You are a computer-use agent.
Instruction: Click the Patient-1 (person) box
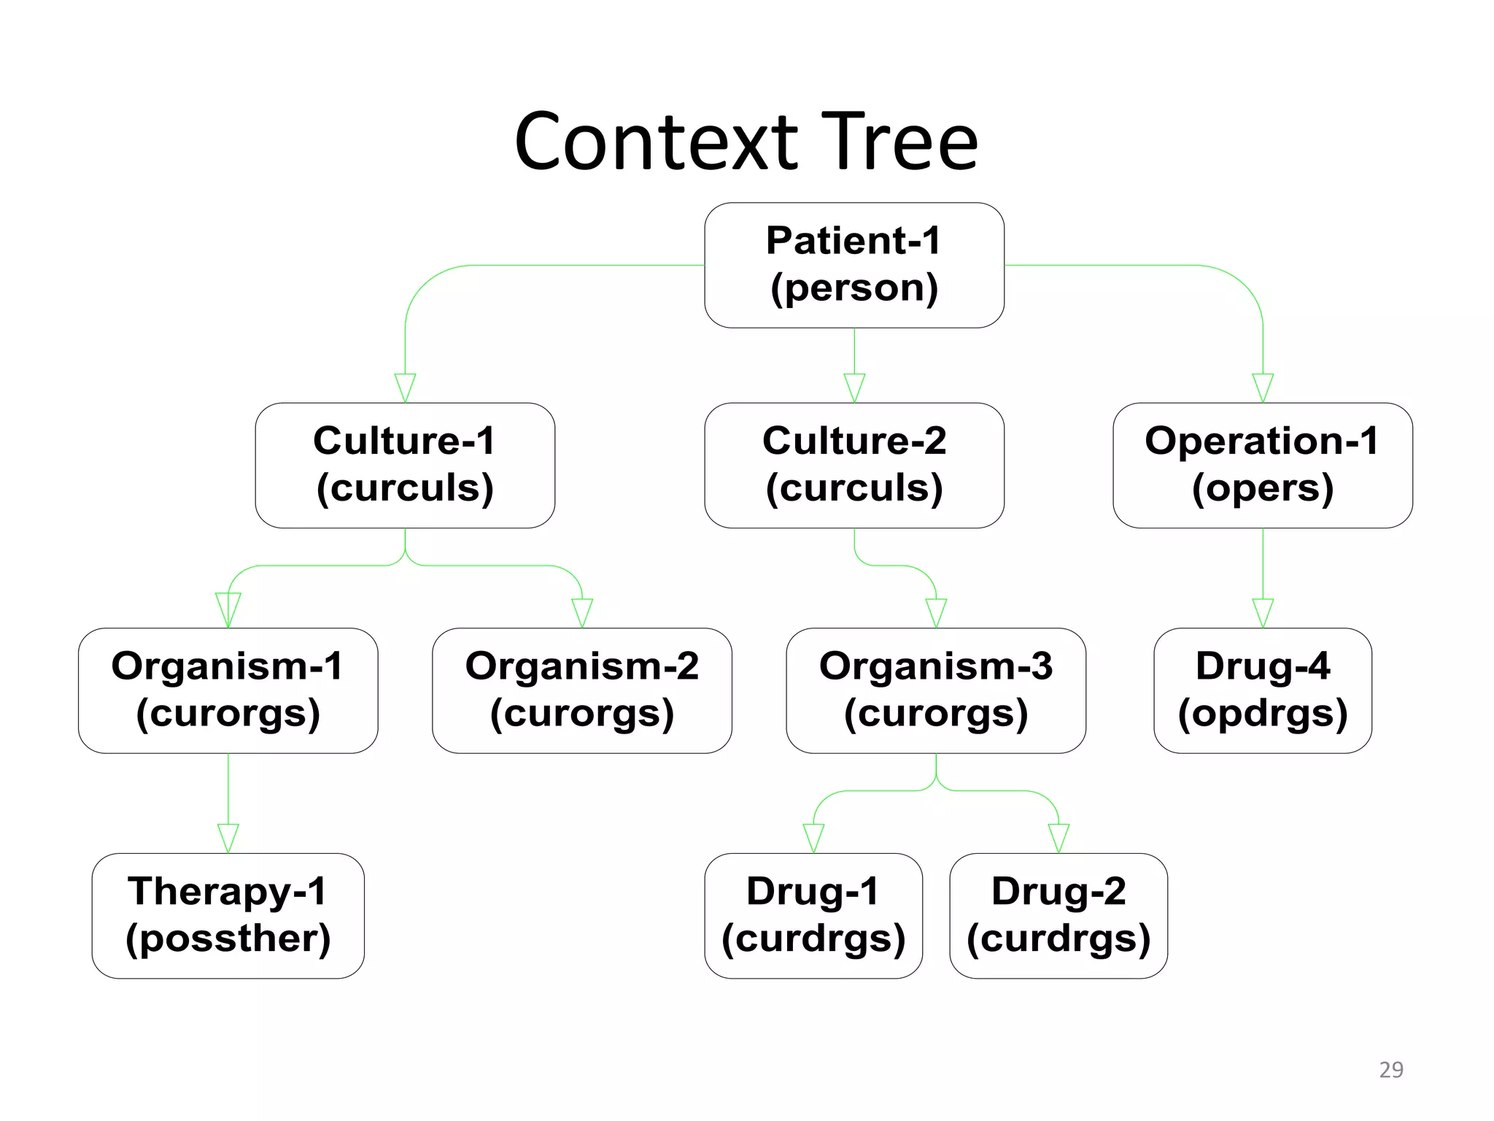click(x=854, y=265)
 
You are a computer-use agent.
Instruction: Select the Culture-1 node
click(x=405, y=465)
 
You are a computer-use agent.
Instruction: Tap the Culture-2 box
click(x=854, y=465)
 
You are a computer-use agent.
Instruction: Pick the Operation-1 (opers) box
click(x=1262, y=465)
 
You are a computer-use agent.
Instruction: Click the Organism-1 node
click(x=228, y=690)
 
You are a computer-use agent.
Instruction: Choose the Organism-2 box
click(x=581, y=690)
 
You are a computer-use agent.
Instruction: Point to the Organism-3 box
click(x=935, y=690)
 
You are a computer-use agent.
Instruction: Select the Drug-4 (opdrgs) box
click(x=1262, y=690)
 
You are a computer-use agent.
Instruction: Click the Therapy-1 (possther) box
click(x=228, y=915)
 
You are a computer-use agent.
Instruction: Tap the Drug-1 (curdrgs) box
click(x=813, y=915)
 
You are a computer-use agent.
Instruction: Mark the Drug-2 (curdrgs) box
click(x=1058, y=915)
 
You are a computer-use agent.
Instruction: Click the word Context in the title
click(x=657, y=142)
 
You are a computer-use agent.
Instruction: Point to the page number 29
click(x=1390, y=1069)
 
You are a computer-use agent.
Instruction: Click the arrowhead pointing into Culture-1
click(x=405, y=387)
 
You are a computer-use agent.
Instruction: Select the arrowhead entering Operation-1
click(x=1263, y=387)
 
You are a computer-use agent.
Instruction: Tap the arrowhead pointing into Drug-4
click(x=1263, y=612)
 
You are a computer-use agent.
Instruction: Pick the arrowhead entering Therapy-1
click(x=228, y=837)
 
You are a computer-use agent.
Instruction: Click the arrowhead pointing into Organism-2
click(x=581, y=612)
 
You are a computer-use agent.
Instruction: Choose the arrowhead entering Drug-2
click(x=1058, y=837)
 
